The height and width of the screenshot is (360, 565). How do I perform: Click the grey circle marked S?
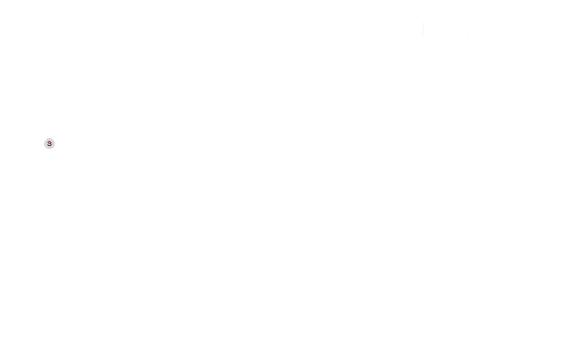coord(50,143)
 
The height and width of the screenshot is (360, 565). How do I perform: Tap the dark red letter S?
coord(50,143)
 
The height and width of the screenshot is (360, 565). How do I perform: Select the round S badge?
coord(50,143)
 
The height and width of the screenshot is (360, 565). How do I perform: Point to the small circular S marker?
coord(50,143)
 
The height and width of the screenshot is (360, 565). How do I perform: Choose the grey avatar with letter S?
coord(50,143)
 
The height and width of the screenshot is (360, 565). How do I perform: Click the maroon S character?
coord(50,143)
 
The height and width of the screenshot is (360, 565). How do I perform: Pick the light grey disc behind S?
coord(50,143)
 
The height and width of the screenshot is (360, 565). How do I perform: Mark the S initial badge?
coord(50,143)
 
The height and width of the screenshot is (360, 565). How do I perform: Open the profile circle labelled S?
coord(50,143)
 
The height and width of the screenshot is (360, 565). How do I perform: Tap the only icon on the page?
coord(50,143)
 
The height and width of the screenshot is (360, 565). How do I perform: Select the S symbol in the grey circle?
coord(50,143)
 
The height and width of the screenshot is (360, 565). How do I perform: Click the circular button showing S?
coord(50,143)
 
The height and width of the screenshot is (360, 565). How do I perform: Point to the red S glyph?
coord(50,143)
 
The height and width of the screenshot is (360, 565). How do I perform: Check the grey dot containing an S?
coord(50,143)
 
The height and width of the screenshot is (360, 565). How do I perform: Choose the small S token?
coord(50,143)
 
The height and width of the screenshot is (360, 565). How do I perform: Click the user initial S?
coord(50,143)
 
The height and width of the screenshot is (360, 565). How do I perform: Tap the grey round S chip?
coord(50,143)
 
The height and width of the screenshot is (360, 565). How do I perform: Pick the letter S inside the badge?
coord(50,143)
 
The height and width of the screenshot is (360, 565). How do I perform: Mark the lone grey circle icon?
coord(50,143)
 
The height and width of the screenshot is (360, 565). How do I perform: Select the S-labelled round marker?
coord(50,143)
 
